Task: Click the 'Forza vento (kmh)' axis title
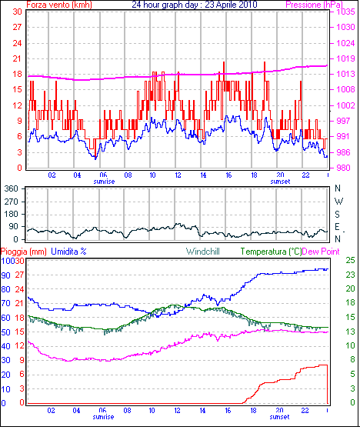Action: click(59, 5)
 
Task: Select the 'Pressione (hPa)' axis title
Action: click(314, 5)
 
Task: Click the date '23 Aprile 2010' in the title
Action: click(231, 5)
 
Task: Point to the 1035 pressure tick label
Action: click(346, 12)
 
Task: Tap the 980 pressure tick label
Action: click(344, 167)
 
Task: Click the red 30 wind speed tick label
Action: click(17, 12)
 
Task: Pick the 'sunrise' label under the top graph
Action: click(104, 182)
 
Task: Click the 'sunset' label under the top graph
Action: click(280, 182)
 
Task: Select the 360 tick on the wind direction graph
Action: click(12, 188)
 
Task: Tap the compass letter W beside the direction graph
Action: click(338, 202)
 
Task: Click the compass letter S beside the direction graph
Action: click(337, 214)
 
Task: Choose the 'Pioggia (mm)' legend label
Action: click(24, 252)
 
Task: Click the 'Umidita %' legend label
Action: click(68, 252)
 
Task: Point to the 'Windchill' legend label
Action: click(203, 252)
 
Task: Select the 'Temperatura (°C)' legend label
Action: click(271, 252)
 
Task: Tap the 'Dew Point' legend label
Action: click(321, 252)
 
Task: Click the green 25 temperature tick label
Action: click(351, 260)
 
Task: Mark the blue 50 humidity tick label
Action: click(5, 332)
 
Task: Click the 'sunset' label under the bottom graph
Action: click(279, 417)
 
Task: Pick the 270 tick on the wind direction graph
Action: click(12, 202)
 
